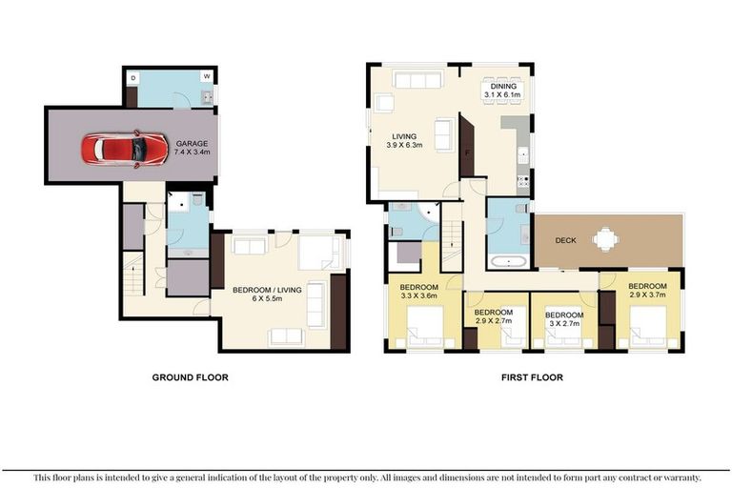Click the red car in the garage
pyautogui.click(x=125, y=149)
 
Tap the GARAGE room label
pyautogui.click(x=192, y=143)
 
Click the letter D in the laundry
pyautogui.click(x=133, y=78)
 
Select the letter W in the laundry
pyautogui.click(x=207, y=76)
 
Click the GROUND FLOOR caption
pyautogui.click(x=191, y=377)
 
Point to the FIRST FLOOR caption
pyautogui.click(x=532, y=377)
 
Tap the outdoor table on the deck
pyautogui.click(x=606, y=239)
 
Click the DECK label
pyautogui.click(x=566, y=240)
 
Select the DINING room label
pyautogui.click(x=503, y=87)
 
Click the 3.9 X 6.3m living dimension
pyautogui.click(x=404, y=145)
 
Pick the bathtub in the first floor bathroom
pyautogui.click(x=508, y=261)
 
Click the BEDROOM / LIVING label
pyautogui.click(x=267, y=290)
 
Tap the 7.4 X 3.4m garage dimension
pyautogui.click(x=192, y=152)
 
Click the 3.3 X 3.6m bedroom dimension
pyautogui.click(x=418, y=295)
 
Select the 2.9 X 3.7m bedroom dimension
pyautogui.click(x=647, y=295)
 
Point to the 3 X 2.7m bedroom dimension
pyautogui.click(x=564, y=324)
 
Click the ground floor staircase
pyautogui.click(x=133, y=274)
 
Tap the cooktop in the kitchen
pyautogui.click(x=523, y=181)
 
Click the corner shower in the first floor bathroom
pyautogui.click(x=429, y=213)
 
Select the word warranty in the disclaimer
pyautogui.click(x=682, y=478)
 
